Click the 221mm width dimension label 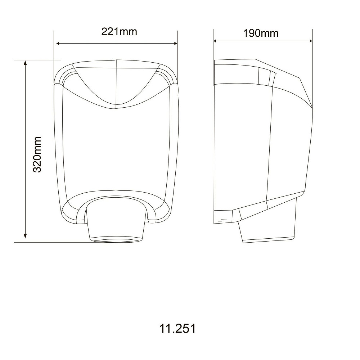coord(119,32)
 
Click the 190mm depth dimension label coord(261,33)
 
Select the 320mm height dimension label coord(37,154)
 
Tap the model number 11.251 coord(177,329)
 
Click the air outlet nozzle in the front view coord(116,220)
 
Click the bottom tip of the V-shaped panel coord(116,107)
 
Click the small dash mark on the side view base coord(224,219)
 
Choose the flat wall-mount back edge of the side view coord(214,144)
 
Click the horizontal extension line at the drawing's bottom coord(54,242)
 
